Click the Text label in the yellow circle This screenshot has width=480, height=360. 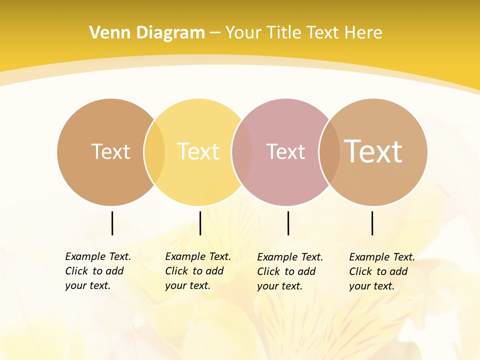click(198, 151)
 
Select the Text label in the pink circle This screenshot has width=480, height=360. click(285, 151)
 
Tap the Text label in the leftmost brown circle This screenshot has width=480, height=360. click(110, 151)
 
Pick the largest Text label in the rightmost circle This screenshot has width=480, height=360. click(373, 151)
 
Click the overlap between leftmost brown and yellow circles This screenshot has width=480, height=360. click(154, 152)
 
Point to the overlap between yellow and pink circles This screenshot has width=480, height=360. click(242, 152)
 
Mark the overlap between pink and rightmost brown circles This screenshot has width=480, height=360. click(329, 152)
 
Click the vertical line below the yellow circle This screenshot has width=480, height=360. click(200, 223)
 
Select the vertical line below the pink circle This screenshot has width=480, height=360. click(288, 223)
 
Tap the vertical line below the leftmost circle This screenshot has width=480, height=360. click(112, 223)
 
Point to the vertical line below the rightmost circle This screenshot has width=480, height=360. click(372, 223)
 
